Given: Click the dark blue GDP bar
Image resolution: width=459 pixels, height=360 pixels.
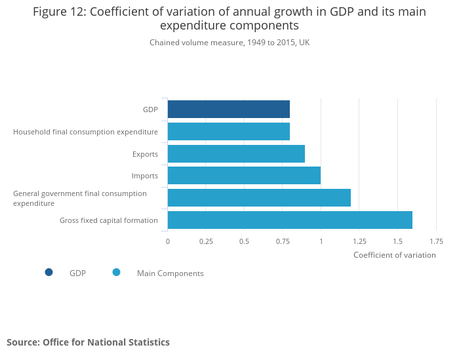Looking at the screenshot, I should coord(228,109).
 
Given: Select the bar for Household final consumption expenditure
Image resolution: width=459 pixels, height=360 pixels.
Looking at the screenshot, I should coord(228,131).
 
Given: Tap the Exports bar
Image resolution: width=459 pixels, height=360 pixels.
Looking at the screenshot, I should coord(236,153).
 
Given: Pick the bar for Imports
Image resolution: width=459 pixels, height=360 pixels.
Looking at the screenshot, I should coord(244,176).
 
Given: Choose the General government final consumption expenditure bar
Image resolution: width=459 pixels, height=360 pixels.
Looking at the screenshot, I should coord(259,197).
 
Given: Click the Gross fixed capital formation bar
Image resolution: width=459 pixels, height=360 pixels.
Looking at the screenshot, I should coord(290,220).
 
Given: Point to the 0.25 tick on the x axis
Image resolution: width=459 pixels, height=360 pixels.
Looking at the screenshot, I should coord(206,241).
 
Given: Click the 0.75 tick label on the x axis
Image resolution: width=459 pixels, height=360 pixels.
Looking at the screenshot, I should coord(283,241).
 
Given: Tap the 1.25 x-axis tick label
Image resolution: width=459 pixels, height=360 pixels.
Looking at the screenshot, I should coord(359,241).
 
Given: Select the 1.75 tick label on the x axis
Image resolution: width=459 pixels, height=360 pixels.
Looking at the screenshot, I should coord(436,241).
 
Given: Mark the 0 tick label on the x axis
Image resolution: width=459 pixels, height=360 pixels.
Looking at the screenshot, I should coord(168,241).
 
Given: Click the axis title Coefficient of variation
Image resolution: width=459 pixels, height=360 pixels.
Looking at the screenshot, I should coord(394,255).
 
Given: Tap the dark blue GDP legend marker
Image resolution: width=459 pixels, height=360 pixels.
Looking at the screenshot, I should coord(49,273).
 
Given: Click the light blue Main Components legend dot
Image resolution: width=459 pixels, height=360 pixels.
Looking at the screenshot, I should coord(117,273).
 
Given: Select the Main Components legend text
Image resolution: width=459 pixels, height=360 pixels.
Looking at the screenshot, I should coord(170,273).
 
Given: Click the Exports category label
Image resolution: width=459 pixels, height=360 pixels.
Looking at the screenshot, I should coord(145,154).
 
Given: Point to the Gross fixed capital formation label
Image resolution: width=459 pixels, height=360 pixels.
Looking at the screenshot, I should coord(108,220).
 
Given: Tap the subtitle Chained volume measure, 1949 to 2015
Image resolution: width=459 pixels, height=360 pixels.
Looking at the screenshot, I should coord(229,43).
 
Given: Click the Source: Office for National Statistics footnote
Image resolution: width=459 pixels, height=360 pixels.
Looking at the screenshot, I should coord(88,342).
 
